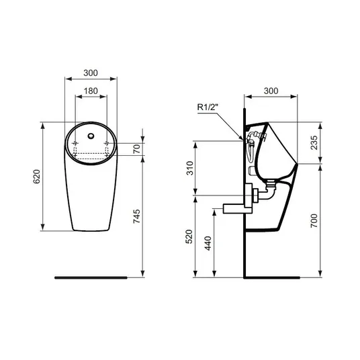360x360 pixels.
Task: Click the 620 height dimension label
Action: click(37, 177)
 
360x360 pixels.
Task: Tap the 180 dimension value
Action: click(91, 91)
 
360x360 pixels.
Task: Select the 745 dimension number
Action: click(136, 216)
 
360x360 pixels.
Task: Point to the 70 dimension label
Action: click(136, 149)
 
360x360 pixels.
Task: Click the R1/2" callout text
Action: click(208, 107)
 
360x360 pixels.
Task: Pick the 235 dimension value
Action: click(314, 142)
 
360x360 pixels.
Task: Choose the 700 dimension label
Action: click(314, 221)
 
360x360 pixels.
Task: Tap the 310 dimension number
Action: click(190, 169)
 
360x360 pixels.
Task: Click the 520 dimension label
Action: click(189, 236)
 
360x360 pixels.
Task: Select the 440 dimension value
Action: click(208, 243)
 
